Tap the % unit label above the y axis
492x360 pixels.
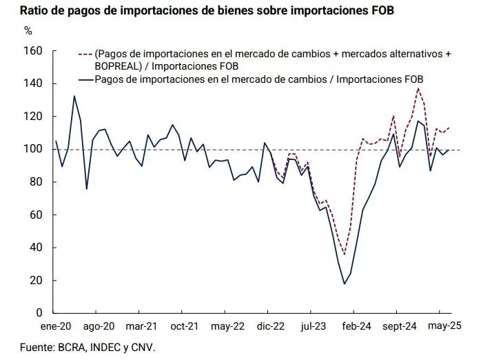point(28,30)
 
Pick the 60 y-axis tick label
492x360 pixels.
point(37,214)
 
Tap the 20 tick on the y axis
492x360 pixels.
point(37,280)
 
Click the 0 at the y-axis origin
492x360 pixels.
point(39,313)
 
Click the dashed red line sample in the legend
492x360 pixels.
point(85,54)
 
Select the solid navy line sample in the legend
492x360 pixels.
point(85,80)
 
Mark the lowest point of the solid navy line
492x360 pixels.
point(345,283)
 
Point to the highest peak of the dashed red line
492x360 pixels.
point(418,88)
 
